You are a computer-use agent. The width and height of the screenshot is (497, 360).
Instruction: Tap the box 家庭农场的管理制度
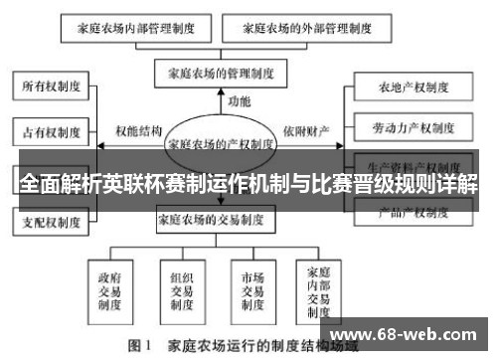[221, 74]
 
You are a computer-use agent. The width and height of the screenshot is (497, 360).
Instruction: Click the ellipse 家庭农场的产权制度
[221, 143]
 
